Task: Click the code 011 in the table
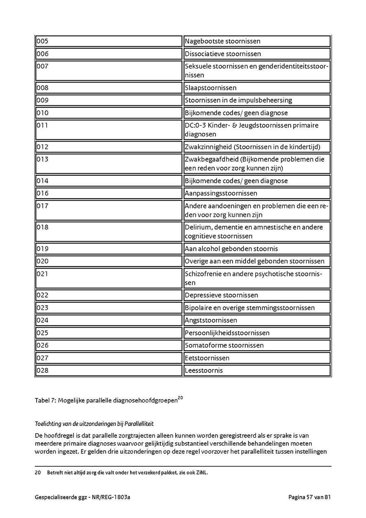[42, 125]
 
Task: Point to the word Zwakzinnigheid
[208, 147]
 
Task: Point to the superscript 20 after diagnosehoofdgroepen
[181, 398]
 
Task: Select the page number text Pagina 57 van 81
[309, 497]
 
